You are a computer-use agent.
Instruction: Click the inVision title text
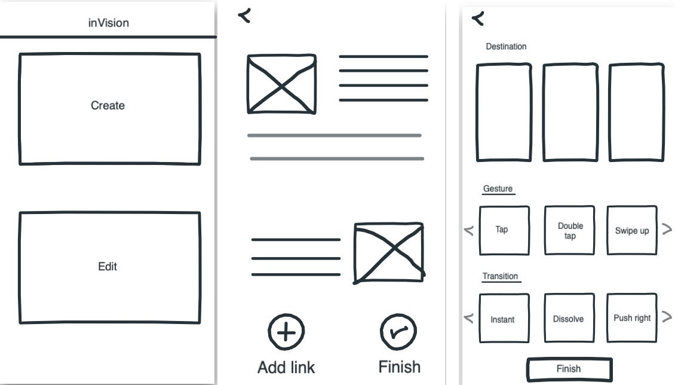[x=108, y=23]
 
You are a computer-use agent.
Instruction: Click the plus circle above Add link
[x=286, y=332]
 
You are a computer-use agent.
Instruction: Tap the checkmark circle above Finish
[x=398, y=332]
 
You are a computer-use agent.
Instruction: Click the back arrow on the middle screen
[x=244, y=16]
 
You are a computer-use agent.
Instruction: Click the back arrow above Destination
[x=478, y=19]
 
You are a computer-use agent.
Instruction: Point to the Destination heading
[x=506, y=47]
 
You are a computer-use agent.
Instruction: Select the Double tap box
[x=570, y=230]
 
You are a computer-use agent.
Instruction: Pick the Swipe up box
[x=632, y=230]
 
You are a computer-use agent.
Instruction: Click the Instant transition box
[x=504, y=319]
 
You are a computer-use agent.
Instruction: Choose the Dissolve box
[x=569, y=319]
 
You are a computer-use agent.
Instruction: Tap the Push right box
[x=632, y=318]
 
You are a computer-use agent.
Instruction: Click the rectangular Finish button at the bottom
[x=569, y=369]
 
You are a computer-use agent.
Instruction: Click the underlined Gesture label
[x=498, y=189]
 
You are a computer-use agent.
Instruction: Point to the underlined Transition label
[x=501, y=276]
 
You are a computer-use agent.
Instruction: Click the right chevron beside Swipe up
[x=667, y=229]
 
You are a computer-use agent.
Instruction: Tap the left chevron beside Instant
[x=469, y=318]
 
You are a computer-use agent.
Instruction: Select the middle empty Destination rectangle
[x=570, y=112]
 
